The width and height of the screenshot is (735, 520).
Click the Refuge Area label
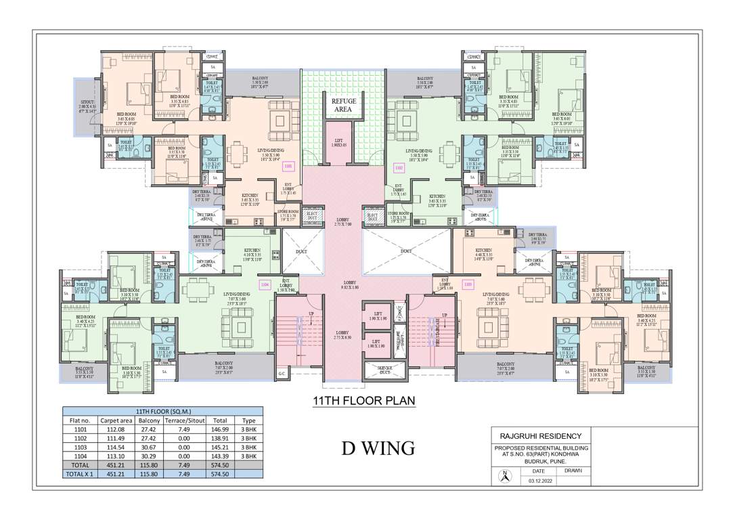point(343,105)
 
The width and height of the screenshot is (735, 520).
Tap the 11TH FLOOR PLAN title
point(363,401)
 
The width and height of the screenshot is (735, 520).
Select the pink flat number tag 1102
point(399,167)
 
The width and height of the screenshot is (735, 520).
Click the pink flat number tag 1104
point(265,284)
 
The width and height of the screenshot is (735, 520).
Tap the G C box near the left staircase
point(282,374)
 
